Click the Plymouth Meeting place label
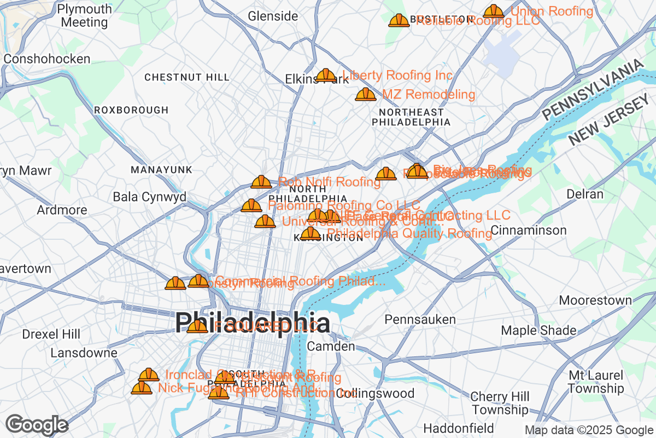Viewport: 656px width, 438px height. [84, 16]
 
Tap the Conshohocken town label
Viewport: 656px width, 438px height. [46, 59]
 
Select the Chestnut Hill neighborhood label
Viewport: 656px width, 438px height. [187, 78]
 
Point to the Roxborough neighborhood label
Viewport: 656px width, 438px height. [131, 110]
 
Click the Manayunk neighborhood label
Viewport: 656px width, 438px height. [161, 170]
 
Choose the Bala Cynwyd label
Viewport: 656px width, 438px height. [149, 197]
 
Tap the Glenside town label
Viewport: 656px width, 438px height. [273, 16]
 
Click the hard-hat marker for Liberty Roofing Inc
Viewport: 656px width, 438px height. [326, 75]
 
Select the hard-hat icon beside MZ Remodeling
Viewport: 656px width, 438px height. [366, 94]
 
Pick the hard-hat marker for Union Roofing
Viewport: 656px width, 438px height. [494, 11]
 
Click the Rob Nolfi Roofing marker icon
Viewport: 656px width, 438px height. [261, 182]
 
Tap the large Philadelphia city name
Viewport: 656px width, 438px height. [253, 323]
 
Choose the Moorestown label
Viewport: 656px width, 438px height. [595, 300]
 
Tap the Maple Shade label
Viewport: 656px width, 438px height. [538, 330]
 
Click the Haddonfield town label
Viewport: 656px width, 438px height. [459, 428]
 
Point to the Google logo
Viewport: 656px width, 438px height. [37, 425]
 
